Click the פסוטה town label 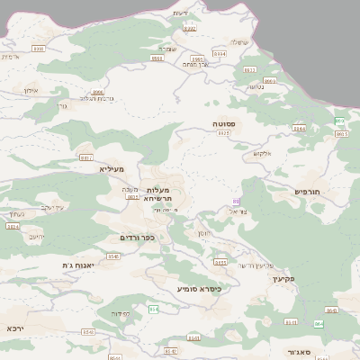224,123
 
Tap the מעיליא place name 112,168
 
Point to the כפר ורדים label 138,238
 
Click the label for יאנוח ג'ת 78,265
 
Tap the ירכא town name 14,328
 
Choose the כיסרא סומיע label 199,289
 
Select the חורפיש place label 313,192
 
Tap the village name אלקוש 262,153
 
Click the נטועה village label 255,87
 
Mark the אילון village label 27,91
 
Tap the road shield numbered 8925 223,132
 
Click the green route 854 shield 154,309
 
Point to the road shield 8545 113,256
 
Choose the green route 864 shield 319,323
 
